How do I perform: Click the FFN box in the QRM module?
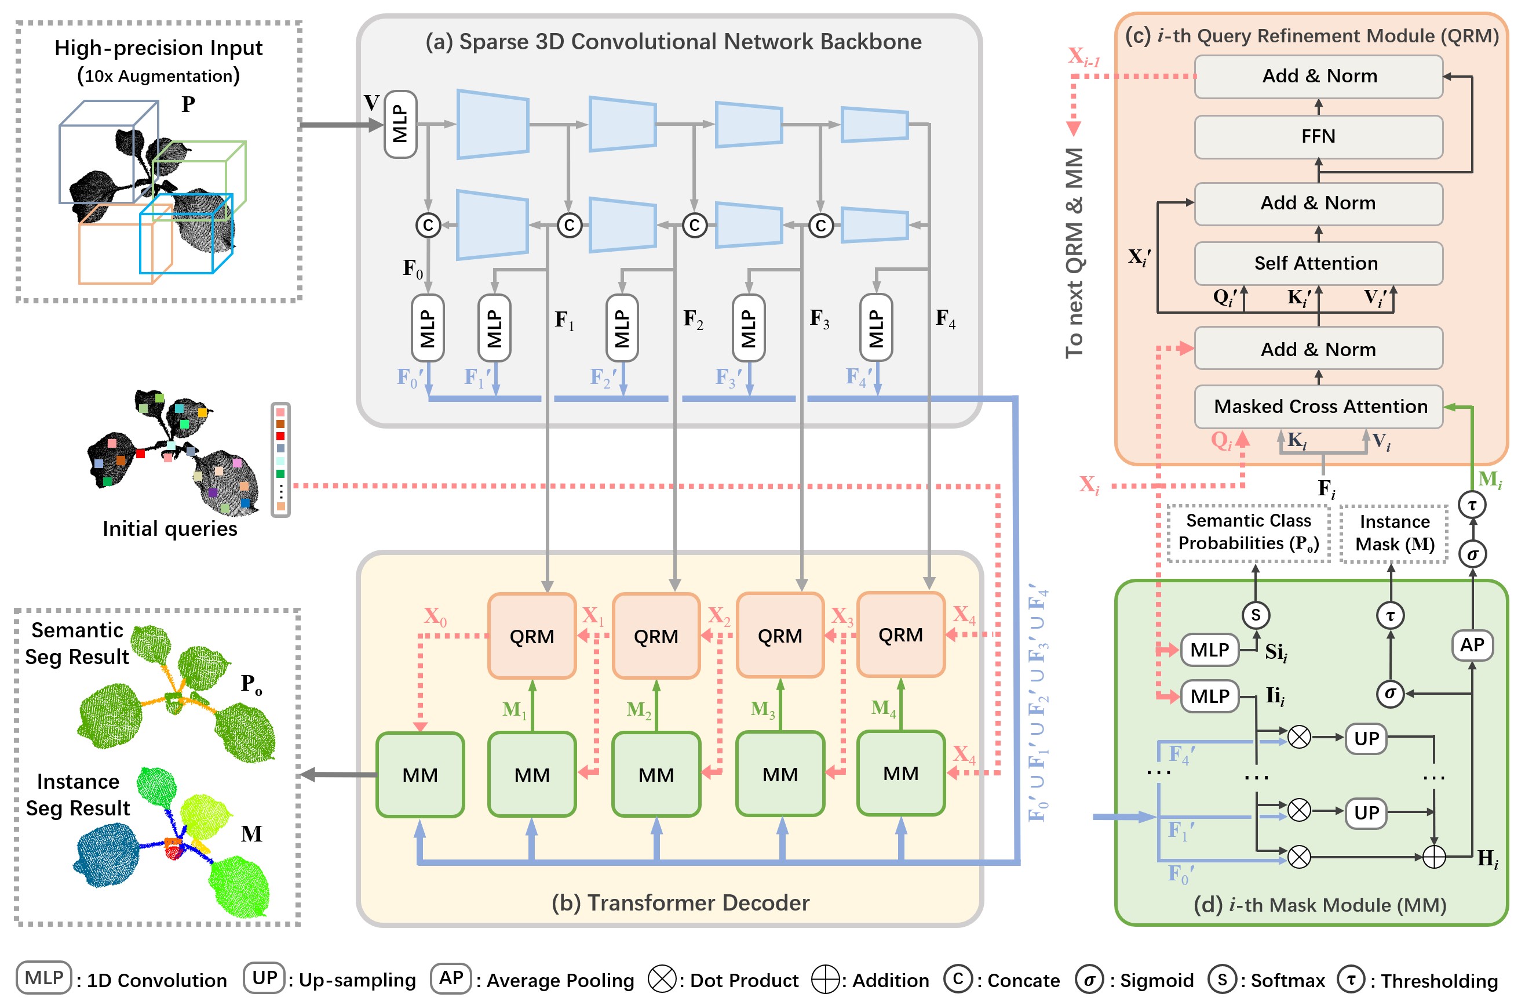[1318, 137]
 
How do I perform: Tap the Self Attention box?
[1318, 263]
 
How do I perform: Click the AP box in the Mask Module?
[1471, 645]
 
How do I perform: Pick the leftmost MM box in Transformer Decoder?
[419, 775]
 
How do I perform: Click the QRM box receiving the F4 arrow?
[900, 635]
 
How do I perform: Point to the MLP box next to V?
[400, 124]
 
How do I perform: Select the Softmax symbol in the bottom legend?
[1222, 979]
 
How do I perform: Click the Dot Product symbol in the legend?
[661, 979]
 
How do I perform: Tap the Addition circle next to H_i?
[1433, 857]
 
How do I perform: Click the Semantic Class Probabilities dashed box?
[1247, 532]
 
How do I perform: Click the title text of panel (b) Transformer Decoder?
[680, 903]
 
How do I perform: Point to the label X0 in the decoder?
[435, 617]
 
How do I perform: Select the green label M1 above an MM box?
[514, 709]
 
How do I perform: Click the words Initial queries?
[170, 528]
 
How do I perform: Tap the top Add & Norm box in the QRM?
[1318, 77]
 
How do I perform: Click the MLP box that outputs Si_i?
[1209, 650]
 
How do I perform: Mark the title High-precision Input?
[158, 48]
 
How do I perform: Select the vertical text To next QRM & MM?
[1075, 253]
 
